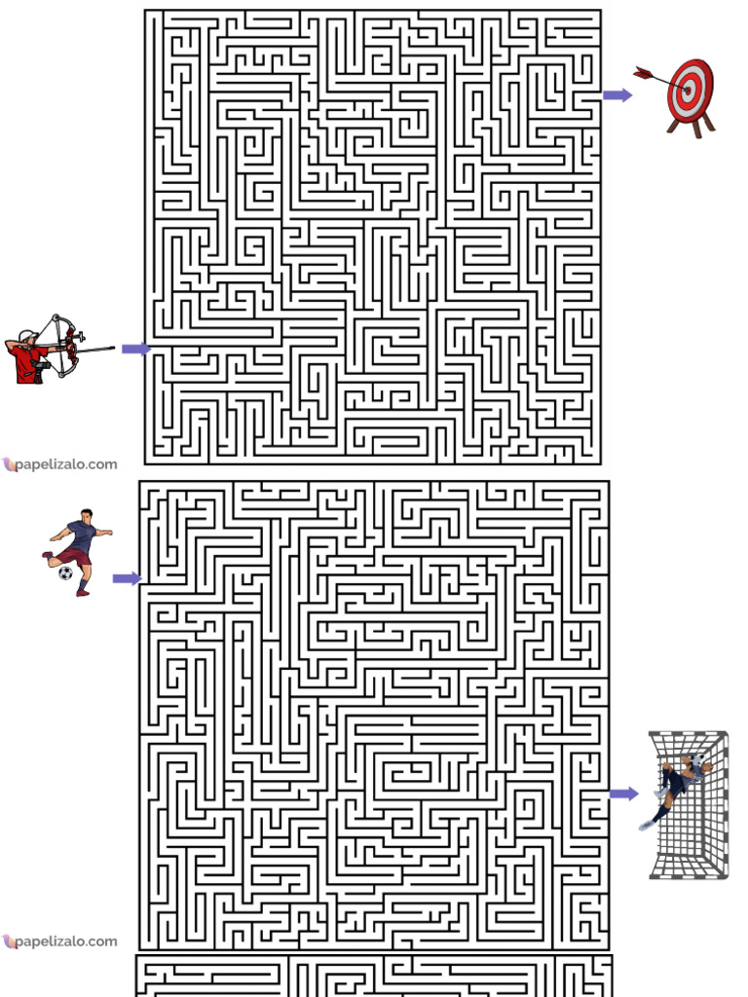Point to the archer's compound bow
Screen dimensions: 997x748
65,346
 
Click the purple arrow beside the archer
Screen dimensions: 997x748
135,349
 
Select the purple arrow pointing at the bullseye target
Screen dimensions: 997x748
617,94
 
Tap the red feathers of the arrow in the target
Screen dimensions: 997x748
642,72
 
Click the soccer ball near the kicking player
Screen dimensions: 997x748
65,572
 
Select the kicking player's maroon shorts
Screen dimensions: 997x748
72,556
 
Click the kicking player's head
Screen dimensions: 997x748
87,514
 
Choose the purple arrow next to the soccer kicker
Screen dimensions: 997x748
127,578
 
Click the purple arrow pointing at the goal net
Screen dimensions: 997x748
623,794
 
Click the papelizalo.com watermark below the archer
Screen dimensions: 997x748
59,464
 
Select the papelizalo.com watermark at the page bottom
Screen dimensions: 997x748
59,942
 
